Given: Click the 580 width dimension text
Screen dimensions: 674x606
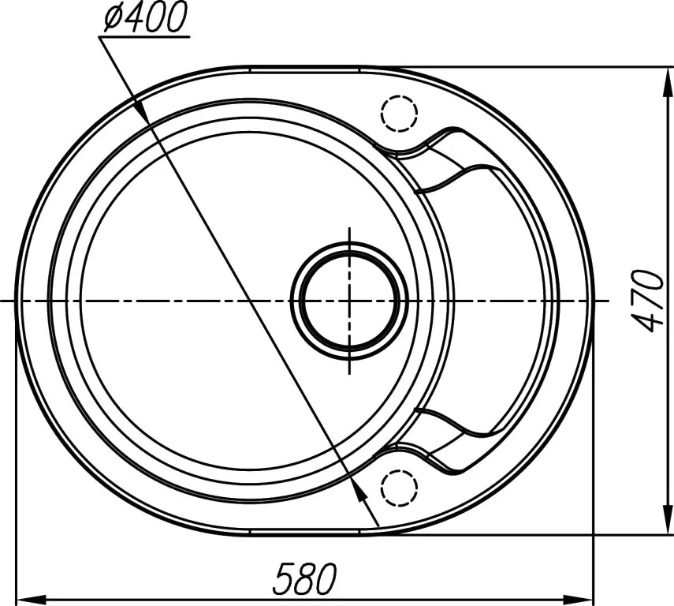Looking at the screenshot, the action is [305, 578].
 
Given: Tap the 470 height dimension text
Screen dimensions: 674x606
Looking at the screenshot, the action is [649, 301].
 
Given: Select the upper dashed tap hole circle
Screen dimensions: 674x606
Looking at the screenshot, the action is [400, 113].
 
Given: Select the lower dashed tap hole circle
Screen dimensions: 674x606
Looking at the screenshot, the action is [400, 488].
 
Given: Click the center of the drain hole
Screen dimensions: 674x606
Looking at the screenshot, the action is [350, 301].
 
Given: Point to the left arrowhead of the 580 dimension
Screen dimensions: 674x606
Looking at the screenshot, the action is [31, 599].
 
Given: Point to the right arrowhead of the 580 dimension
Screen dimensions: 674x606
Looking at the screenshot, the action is [578, 599].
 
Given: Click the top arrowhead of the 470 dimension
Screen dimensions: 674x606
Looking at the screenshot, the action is [668, 82].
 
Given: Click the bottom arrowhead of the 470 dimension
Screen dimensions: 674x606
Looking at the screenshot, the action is [668, 519].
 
